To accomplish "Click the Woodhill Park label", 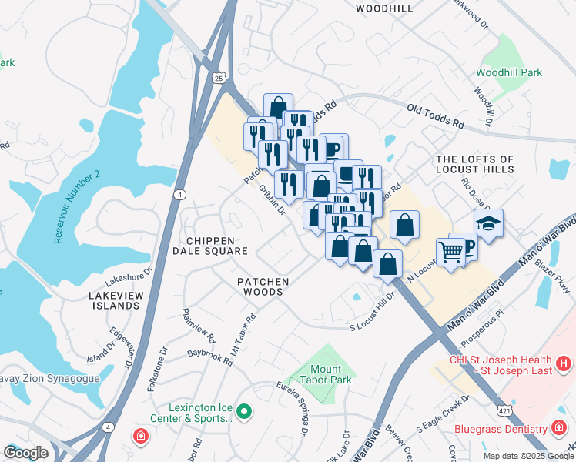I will [x=508, y=73].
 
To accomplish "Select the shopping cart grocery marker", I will [x=450, y=251].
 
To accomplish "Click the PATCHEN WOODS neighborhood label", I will [x=263, y=288].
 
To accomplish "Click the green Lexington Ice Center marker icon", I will [x=244, y=413].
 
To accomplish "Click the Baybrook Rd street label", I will [x=210, y=357].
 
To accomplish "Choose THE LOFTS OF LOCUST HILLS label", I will [x=485, y=164].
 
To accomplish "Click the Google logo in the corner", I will [x=25, y=453].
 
